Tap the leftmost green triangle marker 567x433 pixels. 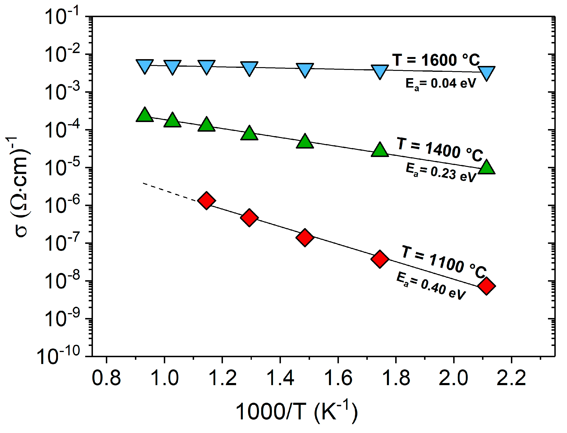[x=145, y=115]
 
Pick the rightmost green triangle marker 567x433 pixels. [x=486, y=168]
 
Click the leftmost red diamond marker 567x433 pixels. [x=206, y=200]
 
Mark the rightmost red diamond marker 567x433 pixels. [x=486, y=286]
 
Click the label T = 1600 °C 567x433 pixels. [x=436, y=60]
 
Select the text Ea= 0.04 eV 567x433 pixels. [x=441, y=84]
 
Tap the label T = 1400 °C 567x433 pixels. [x=439, y=149]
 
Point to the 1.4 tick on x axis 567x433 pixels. [x=280, y=378]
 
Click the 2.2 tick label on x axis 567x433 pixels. [x=511, y=378]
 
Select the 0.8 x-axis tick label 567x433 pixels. [x=106, y=378]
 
